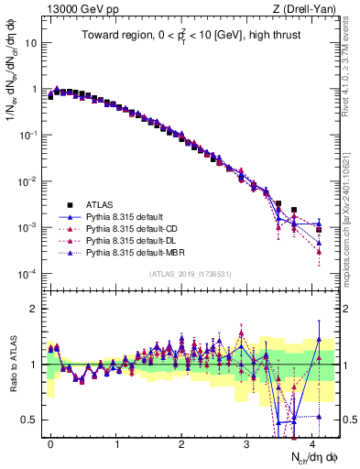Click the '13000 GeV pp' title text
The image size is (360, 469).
point(80,9)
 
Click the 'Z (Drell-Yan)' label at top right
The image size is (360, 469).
point(307,9)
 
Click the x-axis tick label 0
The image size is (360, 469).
point(50,441)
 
